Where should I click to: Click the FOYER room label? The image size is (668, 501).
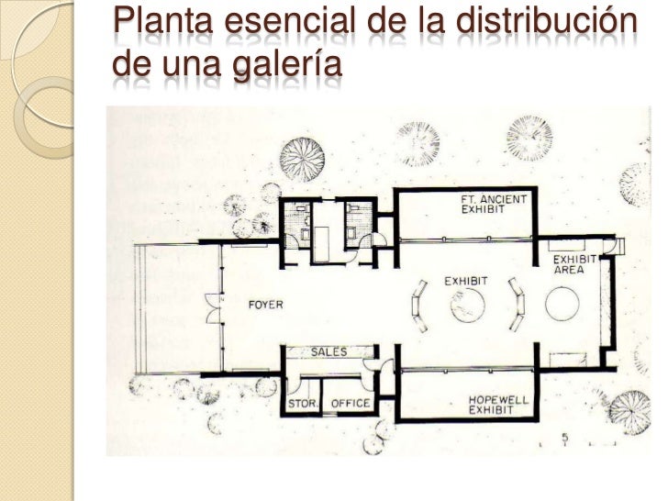tap(266, 306)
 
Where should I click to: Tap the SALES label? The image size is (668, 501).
tap(328, 352)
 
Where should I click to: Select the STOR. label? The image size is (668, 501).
tap(302, 403)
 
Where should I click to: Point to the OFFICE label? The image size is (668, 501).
tap(350, 403)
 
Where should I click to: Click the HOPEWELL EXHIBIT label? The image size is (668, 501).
tap(496, 405)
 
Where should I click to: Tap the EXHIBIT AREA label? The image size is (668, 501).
tap(575, 264)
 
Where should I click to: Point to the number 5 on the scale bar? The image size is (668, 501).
tap(566, 436)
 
